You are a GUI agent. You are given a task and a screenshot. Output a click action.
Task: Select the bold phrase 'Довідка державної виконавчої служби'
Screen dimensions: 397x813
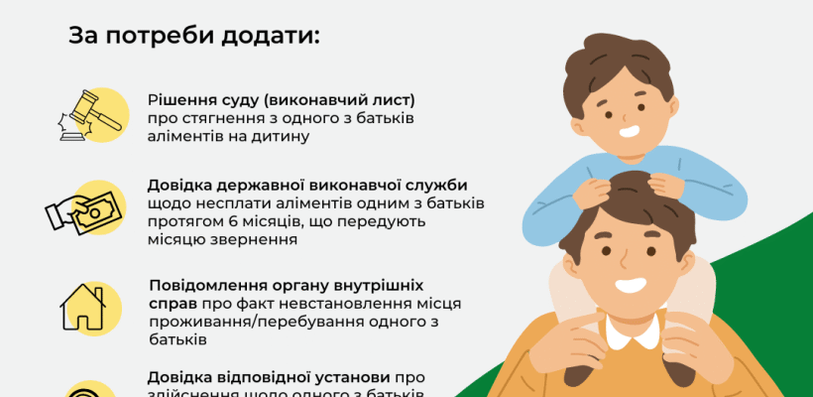[307, 186]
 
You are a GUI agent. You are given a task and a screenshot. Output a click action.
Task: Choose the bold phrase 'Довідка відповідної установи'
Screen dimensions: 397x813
[268, 377]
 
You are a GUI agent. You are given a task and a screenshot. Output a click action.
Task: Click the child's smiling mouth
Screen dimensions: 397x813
[629, 129]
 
